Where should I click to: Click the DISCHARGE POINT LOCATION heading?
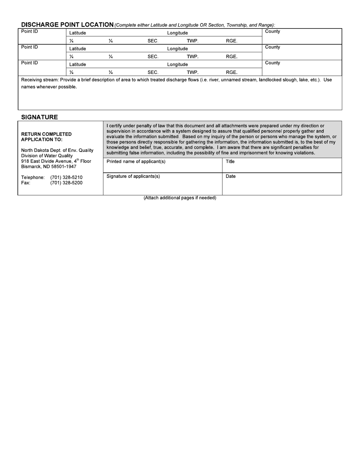(67, 25)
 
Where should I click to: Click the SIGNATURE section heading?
(39, 117)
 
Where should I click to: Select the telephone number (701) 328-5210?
(66, 177)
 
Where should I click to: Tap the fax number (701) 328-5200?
(66, 183)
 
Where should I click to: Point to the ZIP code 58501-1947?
(64, 166)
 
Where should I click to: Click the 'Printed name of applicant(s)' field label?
(136, 161)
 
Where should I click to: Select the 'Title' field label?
(230, 161)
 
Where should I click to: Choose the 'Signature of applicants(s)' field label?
(133, 176)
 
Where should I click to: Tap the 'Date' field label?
(230, 176)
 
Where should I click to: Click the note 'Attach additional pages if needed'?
(180, 198)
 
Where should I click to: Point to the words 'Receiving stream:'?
(39, 80)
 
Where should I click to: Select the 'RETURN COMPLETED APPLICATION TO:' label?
(46, 137)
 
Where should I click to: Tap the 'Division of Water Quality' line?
(47, 156)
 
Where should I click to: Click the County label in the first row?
(272, 31)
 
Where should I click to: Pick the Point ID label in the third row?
(30, 63)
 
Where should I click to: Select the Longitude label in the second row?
(177, 49)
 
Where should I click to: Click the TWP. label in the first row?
(193, 41)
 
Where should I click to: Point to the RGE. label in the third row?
(232, 72)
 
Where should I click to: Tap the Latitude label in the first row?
(78, 33)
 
